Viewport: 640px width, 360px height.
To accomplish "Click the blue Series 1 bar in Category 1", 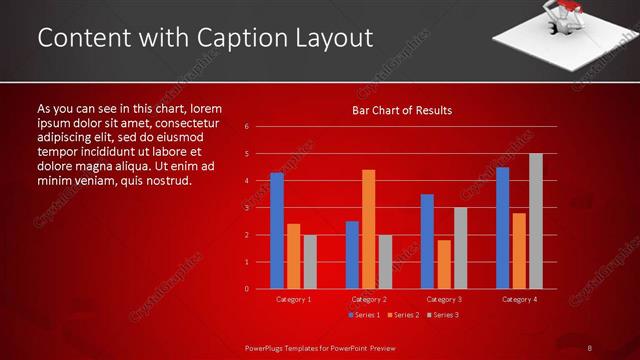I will pyautogui.click(x=277, y=231).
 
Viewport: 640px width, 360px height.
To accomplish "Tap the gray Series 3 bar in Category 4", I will pyautogui.click(x=536, y=221).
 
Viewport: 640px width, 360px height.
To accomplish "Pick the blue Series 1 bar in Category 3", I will pyautogui.click(x=427, y=241).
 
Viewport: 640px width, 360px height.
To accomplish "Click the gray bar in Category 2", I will pyautogui.click(x=385, y=262).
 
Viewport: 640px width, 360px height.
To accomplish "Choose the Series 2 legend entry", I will pyautogui.click(x=402, y=315).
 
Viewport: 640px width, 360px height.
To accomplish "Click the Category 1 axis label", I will pyautogui.click(x=293, y=299).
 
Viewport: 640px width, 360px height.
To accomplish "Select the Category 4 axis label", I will pyautogui.click(x=518, y=299).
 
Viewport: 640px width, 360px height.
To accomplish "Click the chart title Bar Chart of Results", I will pyautogui.click(x=402, y=110).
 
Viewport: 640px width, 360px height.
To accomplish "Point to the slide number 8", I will pyautogui.click(x=589, y=348).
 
